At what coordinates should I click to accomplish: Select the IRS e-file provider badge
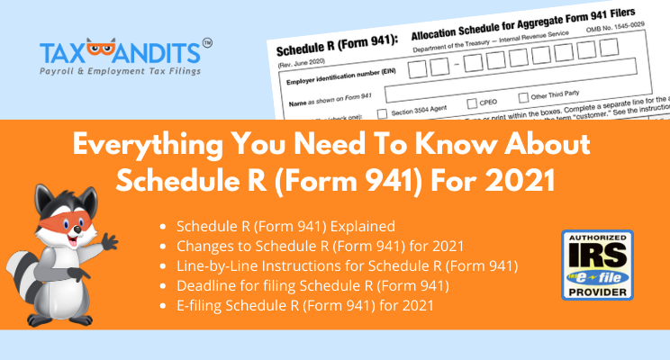click(x=597, y=265)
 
